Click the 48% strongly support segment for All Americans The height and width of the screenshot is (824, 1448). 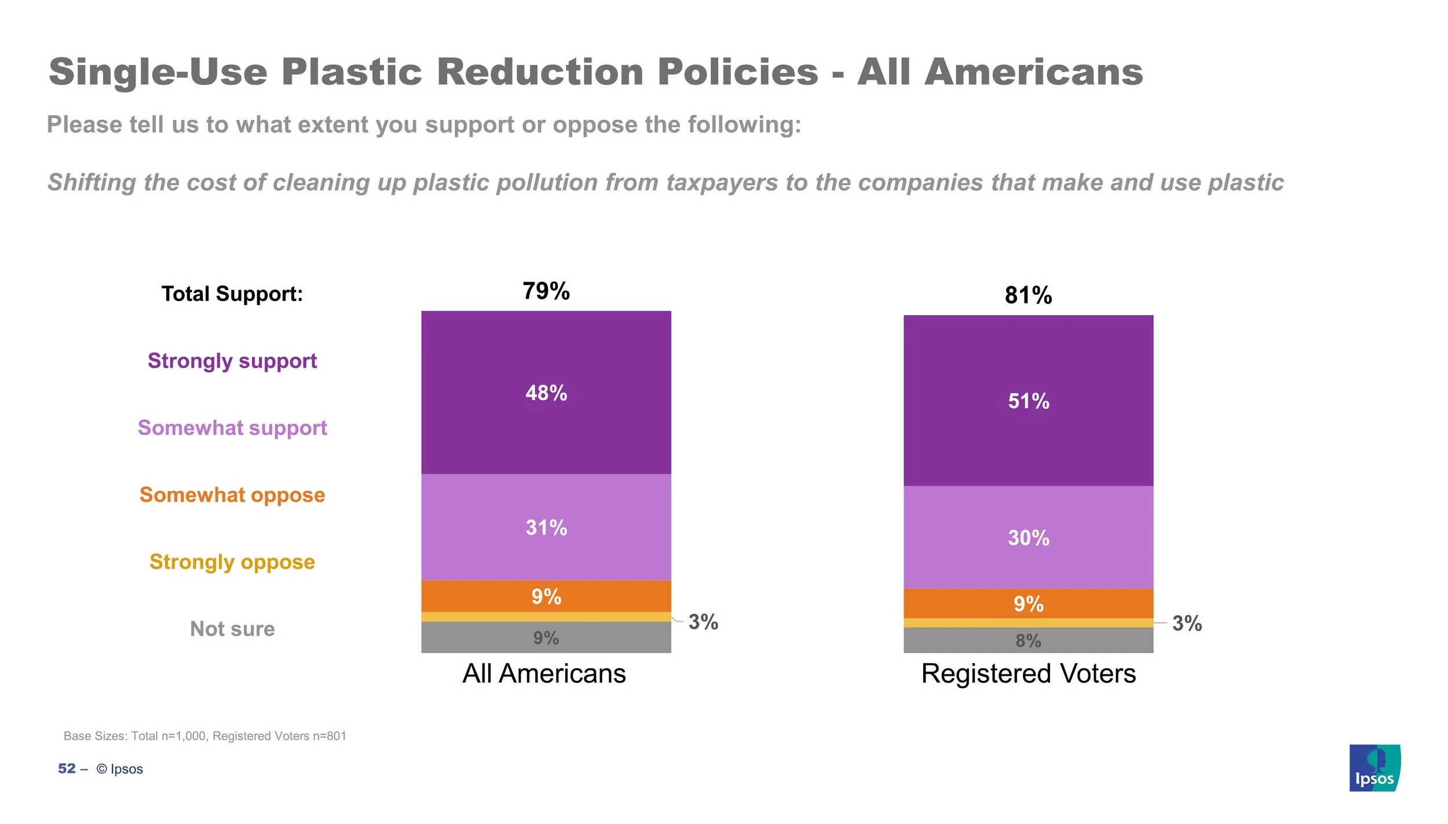[546, 393]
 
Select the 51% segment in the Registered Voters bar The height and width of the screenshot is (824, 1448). [1028, 401]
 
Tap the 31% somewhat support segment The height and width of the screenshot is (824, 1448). [546, 527]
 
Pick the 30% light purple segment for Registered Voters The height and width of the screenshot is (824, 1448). [1028, 537]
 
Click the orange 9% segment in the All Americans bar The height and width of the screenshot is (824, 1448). [546, 596]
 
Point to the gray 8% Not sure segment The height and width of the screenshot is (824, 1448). [1028, 640]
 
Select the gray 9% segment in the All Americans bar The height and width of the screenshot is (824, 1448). [546, 638]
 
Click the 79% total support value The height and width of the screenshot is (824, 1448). [546, 291]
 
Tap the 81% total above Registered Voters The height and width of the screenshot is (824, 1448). [1028, 295]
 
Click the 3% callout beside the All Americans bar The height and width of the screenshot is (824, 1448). [703, 622]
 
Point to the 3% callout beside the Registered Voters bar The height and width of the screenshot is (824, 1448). [1187, 624]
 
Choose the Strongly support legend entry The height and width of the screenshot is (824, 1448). [232, 361]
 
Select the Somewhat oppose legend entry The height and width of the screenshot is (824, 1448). [232, 495]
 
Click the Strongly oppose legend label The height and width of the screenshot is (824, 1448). [232, 562]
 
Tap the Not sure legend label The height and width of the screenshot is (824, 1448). [232, 629]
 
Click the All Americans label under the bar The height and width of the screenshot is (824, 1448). [544, 673]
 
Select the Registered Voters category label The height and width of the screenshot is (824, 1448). [1028, 673]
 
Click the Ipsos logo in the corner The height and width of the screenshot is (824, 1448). [1374, 768]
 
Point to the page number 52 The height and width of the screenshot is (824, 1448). [67, 768]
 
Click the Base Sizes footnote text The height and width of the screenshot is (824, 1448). [204, 736]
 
